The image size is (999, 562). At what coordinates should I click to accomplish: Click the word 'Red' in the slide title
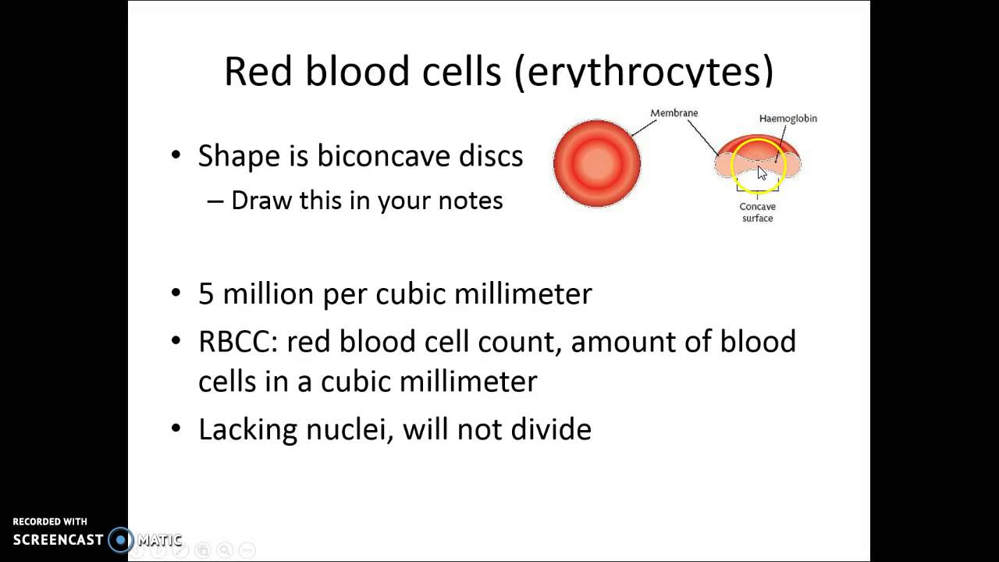click(257, 72)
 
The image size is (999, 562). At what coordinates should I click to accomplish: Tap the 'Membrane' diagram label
click(674, 113)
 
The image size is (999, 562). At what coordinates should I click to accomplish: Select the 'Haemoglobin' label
click(787, 119)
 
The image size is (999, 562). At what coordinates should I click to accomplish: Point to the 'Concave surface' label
click(757, 212)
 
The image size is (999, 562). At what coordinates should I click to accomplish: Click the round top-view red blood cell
click(597, 163)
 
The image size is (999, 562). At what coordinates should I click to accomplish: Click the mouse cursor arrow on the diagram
click(763, 173)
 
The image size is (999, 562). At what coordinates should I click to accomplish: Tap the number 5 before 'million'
click(205, 294)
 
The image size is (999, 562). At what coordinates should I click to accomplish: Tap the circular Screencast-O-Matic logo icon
click(121, 539)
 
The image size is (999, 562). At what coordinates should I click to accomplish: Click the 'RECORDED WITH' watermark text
click(50, 521)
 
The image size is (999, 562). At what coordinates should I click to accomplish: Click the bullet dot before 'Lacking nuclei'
click(176, 429)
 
